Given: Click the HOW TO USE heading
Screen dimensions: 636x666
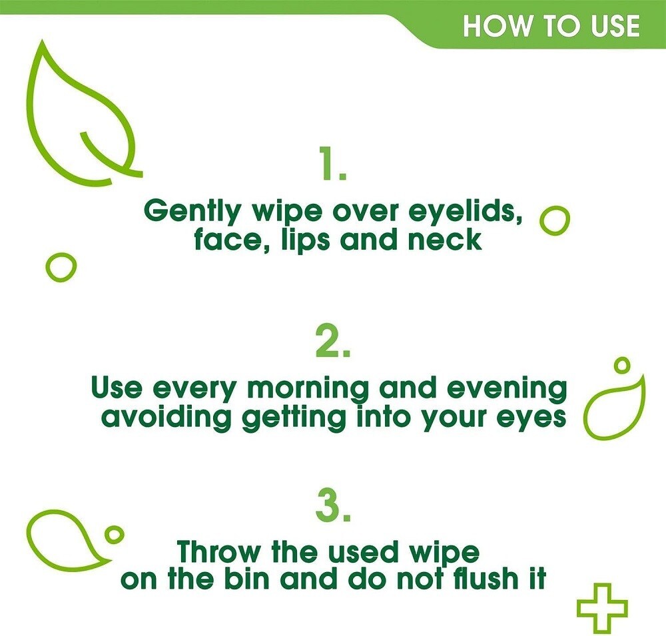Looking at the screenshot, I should pos(551,25).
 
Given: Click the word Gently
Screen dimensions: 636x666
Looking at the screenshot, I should pos(192,212).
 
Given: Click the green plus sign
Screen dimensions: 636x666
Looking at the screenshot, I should pos(602,607).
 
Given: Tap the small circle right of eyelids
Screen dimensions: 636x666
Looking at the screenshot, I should pos(554,220).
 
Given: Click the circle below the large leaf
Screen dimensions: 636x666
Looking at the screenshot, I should pos(61,268).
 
